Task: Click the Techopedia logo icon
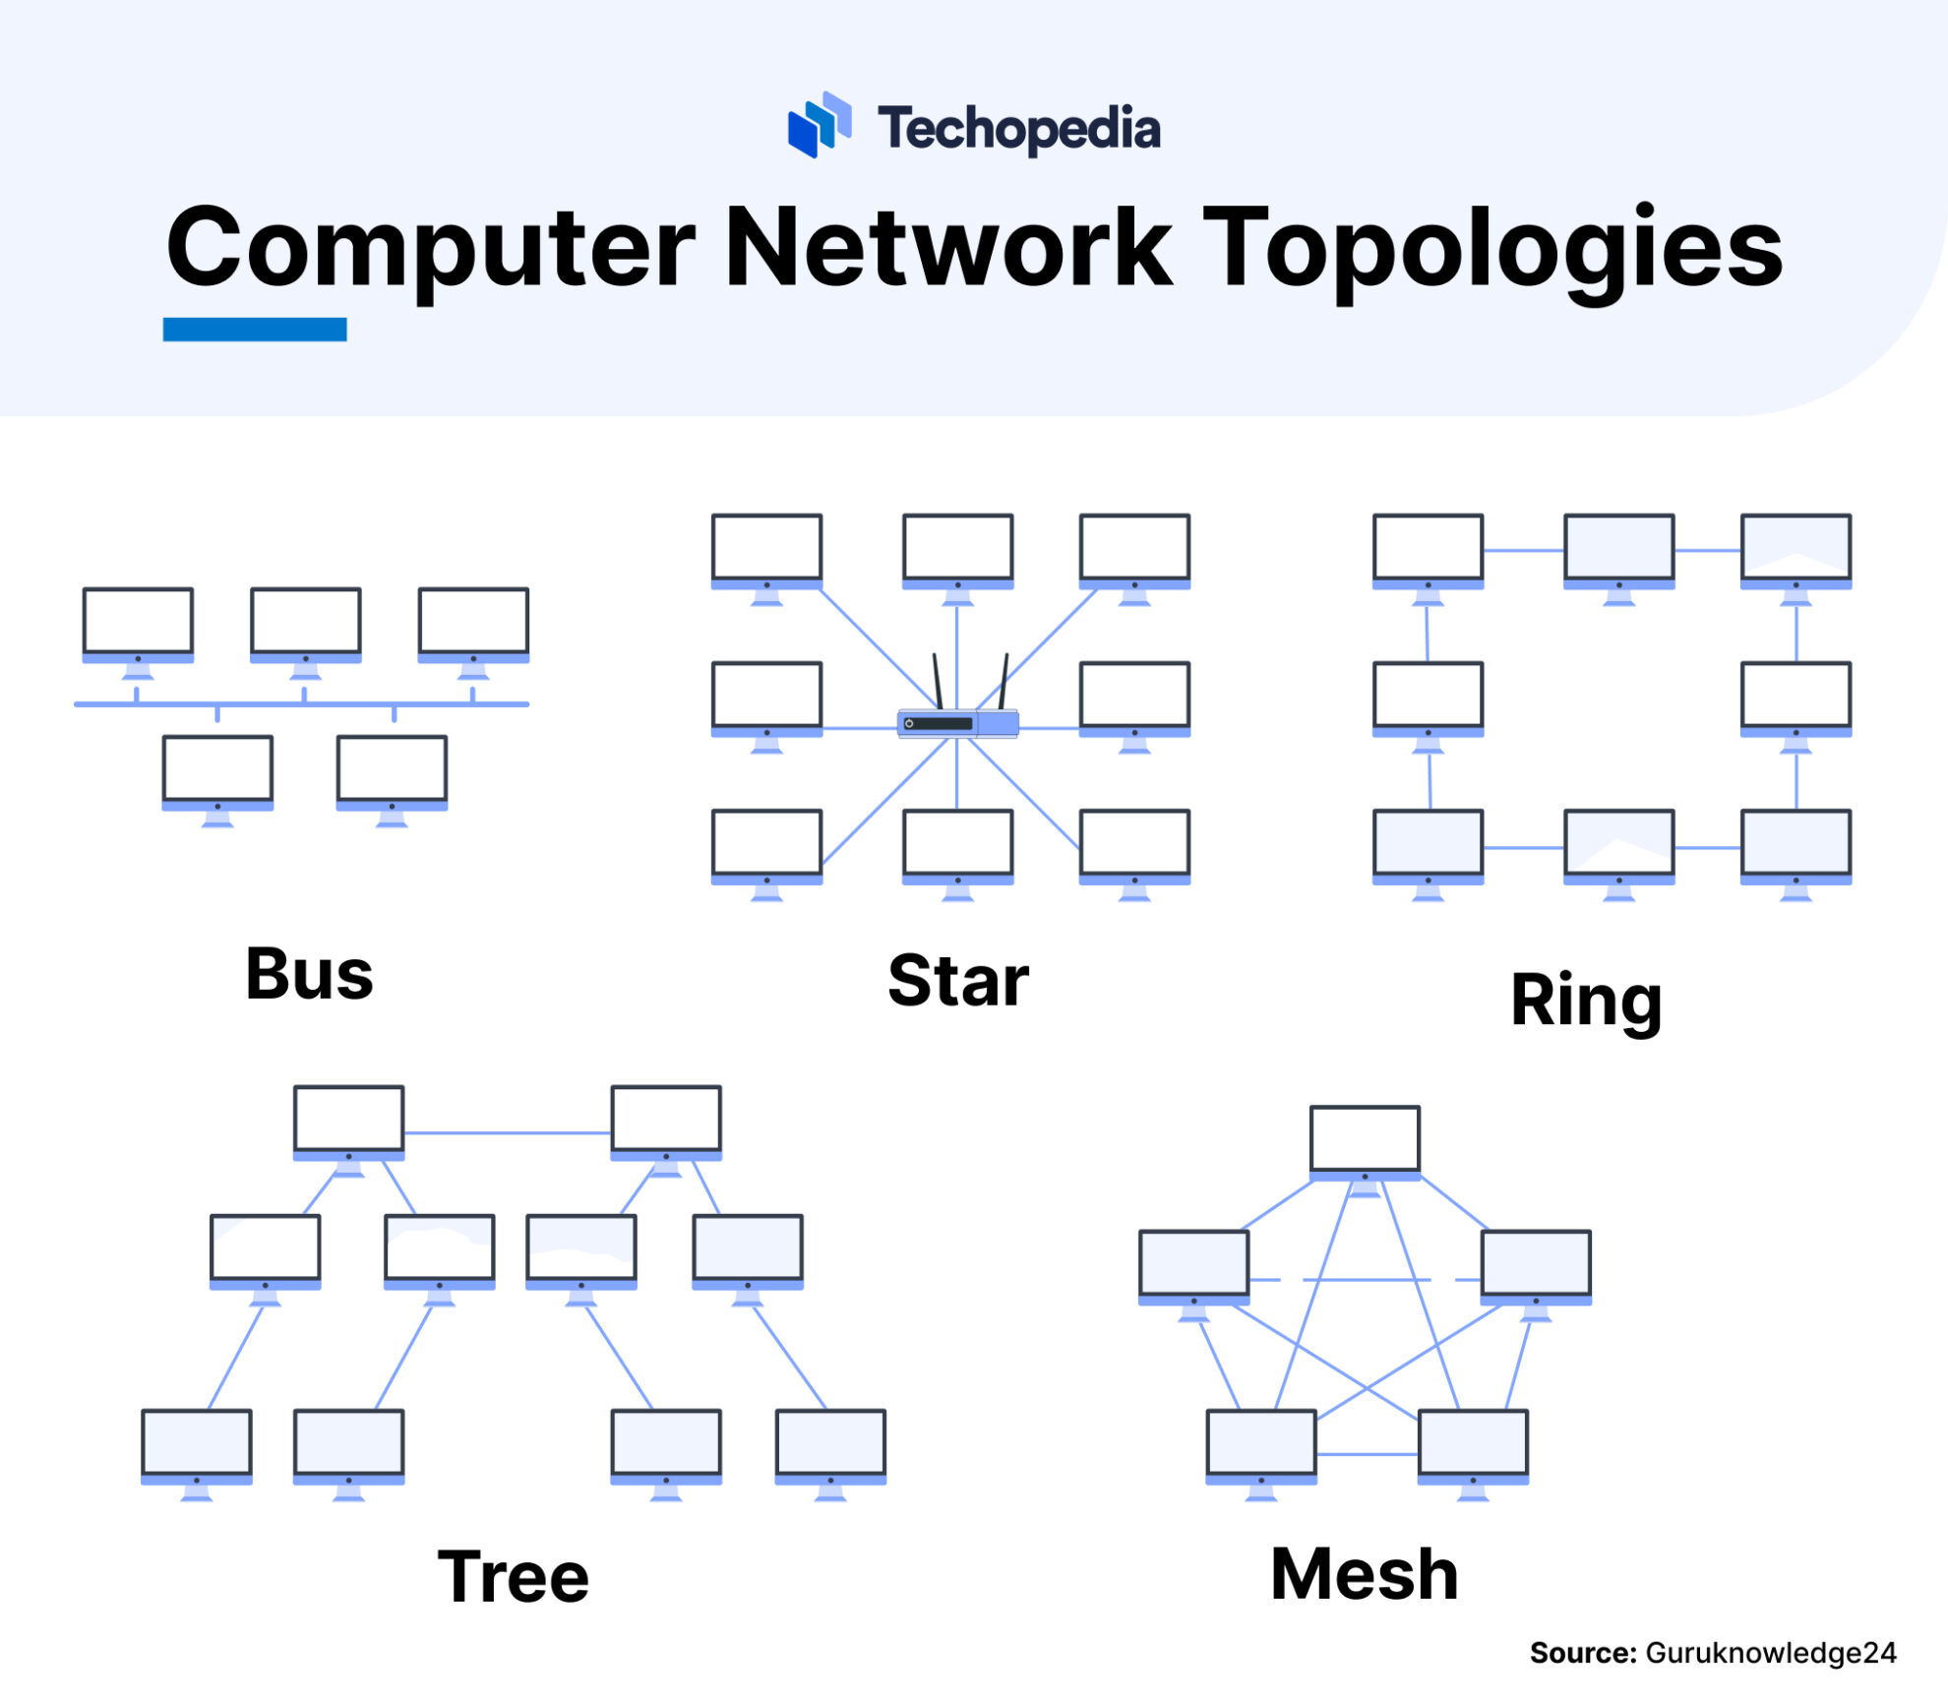820,125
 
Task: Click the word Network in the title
947,248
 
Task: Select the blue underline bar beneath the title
254,330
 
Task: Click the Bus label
309,975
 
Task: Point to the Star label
957,982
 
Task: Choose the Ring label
1585,1001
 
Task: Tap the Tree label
513,1577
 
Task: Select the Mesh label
1364,1575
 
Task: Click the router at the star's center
957,724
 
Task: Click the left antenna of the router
939,681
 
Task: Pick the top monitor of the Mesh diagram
1365,1141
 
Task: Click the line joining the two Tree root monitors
507,1133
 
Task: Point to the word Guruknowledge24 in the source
1770,1653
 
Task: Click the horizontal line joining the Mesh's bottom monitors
1367,1454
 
